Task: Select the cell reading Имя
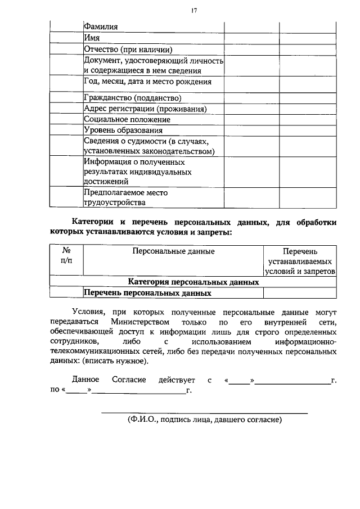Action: [x=92, y=38]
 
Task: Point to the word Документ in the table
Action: [x=103, y=60]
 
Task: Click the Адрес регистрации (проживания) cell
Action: [x=145, y=109]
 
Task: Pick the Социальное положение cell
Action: [x=127, y=119]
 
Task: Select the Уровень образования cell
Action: [x=123, y=130]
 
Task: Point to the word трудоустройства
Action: [x=114, y=202]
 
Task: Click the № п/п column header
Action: [x=66, y=255]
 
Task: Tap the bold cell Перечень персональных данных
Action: [x=147, y=292]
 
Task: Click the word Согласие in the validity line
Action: [x=128, y=380]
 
